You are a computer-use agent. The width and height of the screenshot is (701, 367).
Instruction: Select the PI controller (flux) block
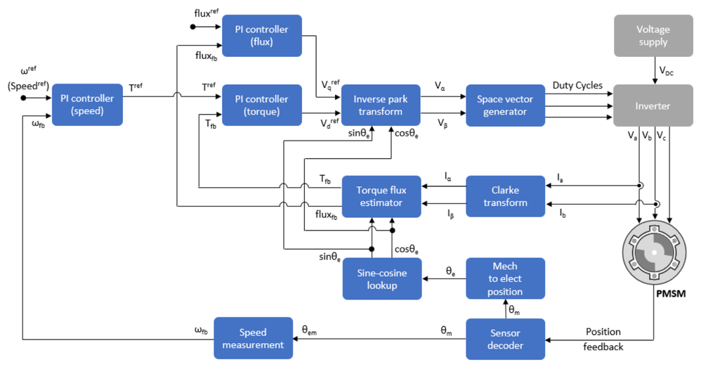point(261,35)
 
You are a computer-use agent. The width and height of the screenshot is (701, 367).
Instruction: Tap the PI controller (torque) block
point(261,105)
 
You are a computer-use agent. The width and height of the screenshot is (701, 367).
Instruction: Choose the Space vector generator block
point(505,105)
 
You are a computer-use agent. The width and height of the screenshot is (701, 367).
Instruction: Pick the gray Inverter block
point(653,105)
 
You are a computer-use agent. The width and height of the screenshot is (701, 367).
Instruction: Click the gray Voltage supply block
point(653,36)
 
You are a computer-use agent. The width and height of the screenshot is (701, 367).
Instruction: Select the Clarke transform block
point(505,196)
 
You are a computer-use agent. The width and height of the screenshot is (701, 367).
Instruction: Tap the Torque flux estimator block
point(380,196)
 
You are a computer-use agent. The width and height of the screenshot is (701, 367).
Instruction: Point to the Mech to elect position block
point(505,278)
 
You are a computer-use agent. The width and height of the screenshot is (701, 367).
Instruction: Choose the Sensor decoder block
point(505,339)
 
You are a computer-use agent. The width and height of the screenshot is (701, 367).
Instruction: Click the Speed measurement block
point(253,338)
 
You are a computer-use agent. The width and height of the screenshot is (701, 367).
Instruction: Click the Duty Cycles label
point(578,85)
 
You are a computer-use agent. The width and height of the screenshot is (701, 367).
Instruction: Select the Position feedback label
point(603,339)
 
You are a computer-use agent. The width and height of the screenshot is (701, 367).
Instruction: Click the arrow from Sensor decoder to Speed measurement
point(379,339)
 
